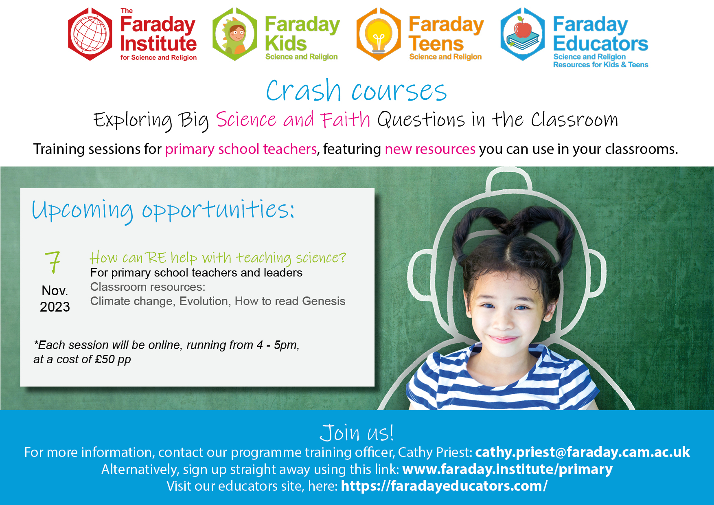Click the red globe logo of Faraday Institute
90,34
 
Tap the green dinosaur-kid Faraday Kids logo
235,34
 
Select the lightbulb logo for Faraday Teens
379,34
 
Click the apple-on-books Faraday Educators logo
523,34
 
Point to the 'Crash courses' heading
357,90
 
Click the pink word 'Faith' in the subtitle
346,120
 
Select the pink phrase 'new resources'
430,149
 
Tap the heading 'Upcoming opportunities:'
163,211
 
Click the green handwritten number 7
53,262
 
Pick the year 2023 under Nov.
55,307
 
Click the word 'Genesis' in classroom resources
324,301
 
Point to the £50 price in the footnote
105,359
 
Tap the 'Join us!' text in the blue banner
357,433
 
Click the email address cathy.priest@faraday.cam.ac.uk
583,452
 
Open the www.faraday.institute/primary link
507,469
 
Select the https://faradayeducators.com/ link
444,486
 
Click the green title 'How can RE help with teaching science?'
218,257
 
